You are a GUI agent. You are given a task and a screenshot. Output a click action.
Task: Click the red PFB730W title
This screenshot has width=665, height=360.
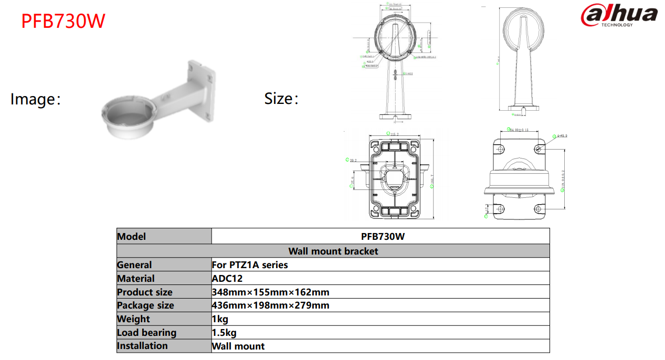pos(63,21)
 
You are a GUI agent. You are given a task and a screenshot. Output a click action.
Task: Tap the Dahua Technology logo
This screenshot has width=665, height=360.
pos(619,16)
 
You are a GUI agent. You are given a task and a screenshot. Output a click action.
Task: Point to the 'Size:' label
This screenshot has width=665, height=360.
pos(281,98)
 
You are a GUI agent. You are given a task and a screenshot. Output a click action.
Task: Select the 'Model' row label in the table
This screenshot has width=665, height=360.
pos(132,237)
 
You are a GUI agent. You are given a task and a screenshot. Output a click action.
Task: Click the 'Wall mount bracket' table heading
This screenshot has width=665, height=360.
pos(333,251)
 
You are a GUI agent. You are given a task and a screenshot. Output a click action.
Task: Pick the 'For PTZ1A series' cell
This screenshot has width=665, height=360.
pos(250,265)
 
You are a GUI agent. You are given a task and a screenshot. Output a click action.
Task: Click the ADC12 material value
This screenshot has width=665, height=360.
pos(227,279)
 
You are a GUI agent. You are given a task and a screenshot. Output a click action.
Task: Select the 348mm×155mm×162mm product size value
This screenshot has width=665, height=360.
pos(270,292)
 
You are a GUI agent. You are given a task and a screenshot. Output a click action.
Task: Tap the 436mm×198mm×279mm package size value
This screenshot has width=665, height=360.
pos(270,305)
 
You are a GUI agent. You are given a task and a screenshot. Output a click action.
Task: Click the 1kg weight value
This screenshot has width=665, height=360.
pos(220,319)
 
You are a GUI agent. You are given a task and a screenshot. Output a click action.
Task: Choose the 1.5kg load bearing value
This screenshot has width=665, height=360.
pos(224,333)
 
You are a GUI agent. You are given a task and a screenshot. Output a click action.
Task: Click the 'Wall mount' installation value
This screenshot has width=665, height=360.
pos(238,346)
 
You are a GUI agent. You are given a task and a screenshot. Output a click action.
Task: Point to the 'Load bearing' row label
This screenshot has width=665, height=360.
pos(146,333)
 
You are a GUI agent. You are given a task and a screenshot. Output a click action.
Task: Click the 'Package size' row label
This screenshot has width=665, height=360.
pos(145,305)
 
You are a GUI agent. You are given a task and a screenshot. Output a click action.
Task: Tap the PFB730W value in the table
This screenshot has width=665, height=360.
pos(383,237)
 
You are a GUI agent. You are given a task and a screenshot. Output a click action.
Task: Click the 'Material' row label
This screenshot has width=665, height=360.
pos(136,279)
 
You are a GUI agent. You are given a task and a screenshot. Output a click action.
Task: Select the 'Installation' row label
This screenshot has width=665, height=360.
pos(142,346)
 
